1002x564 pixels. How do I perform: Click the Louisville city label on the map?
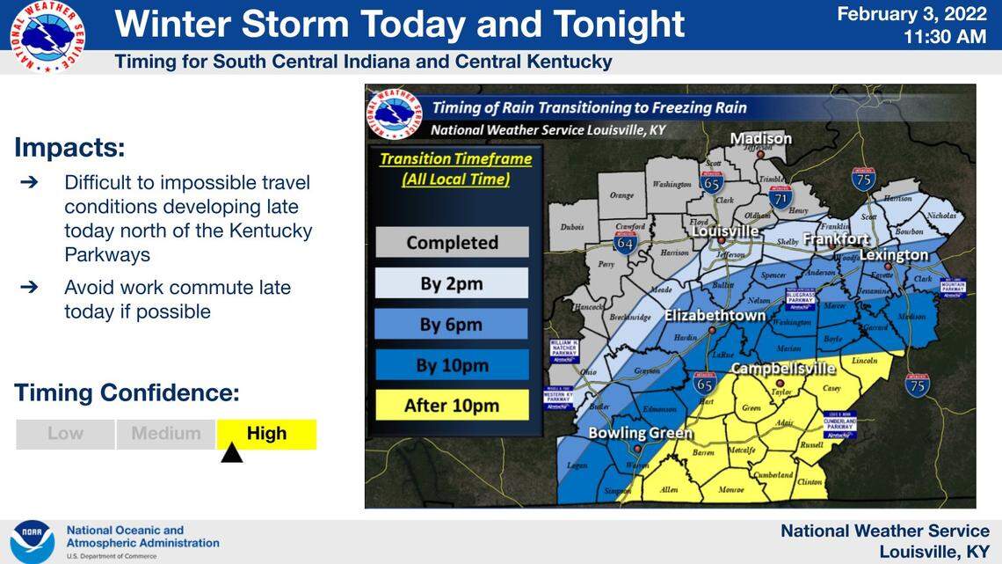(x=724, y=231)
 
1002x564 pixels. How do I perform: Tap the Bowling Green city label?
(x=641, y=433)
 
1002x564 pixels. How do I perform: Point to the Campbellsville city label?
(x=783, y=369)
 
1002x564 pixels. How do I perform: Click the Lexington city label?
(x=893, y=255)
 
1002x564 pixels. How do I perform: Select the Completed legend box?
(x=452, y=242)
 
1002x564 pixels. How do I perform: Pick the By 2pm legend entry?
(x=452, y=283)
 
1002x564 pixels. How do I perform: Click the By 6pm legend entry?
(x=452, y=324)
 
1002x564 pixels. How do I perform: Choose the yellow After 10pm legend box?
(x=452, y=406)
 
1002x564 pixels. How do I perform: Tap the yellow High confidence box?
(x=266, y=434)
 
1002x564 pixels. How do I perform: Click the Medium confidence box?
(x=166, y=434)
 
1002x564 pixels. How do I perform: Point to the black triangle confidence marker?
(x=231, y=453)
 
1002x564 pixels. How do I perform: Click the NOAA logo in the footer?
(x=33, y=541)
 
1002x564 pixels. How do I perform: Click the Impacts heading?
(x=69, y=147)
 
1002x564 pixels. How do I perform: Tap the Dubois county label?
(x=571, y=228)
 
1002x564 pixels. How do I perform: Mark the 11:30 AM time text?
(x=945, y=37)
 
